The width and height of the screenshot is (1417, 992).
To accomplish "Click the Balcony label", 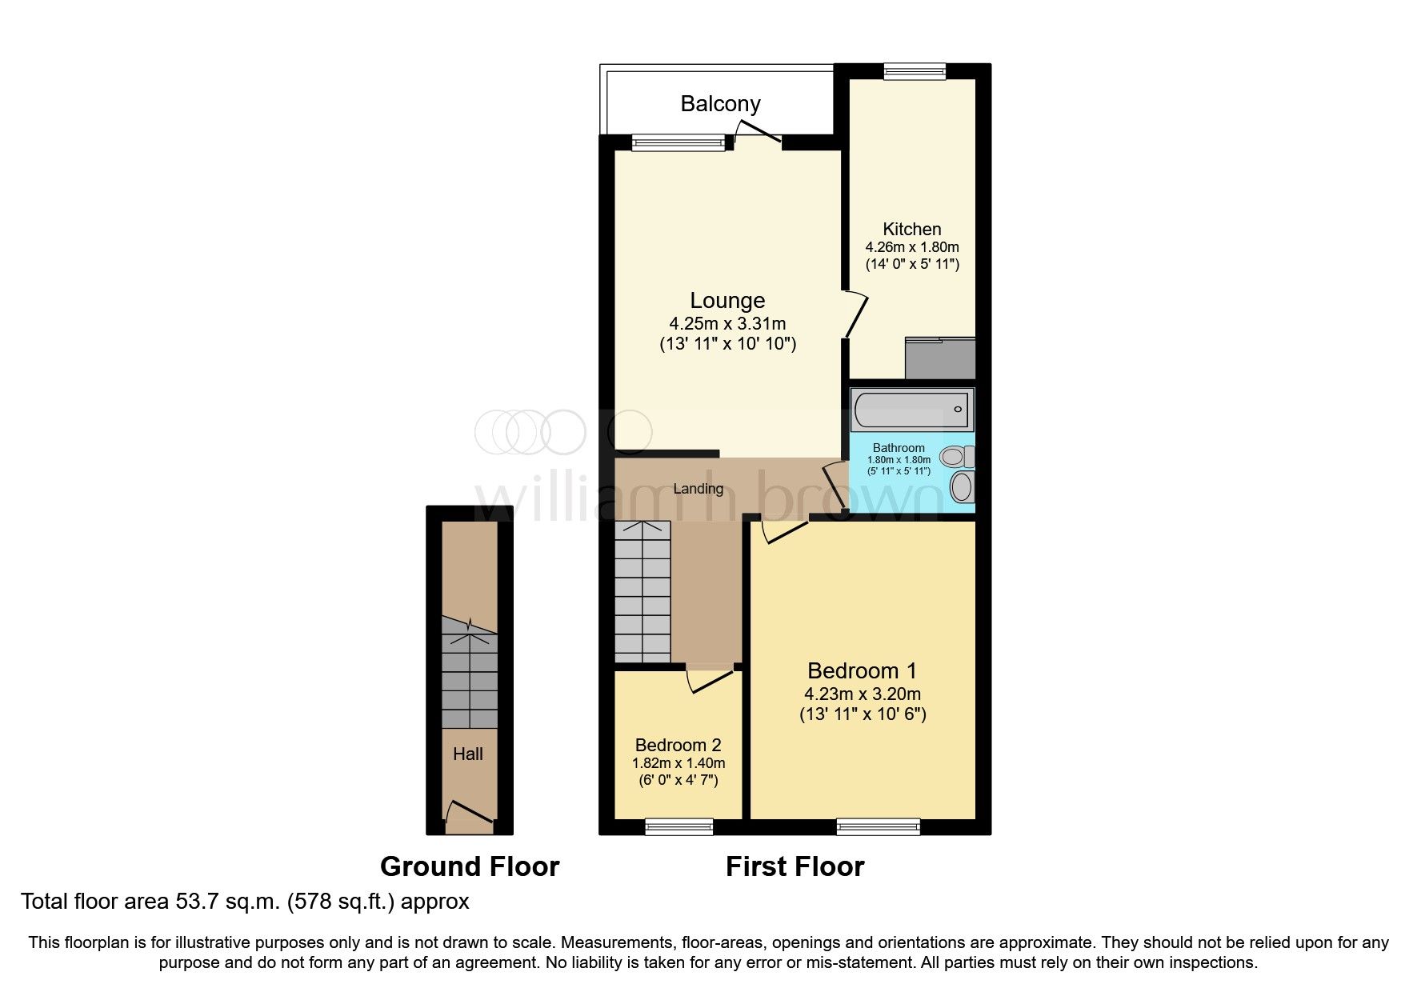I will [x=720, y=104].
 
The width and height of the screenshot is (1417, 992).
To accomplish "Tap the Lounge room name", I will [x=727, y=301].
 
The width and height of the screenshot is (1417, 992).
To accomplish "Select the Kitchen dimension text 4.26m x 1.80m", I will [x=911, y=247].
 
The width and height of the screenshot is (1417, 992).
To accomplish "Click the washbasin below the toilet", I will [x=962, y=486].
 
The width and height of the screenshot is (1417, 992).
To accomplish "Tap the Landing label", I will [x=698, y=489].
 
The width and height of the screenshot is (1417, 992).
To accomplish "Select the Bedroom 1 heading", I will [x=862, y=670].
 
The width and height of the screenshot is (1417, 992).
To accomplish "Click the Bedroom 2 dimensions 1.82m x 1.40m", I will [x=678, y=763].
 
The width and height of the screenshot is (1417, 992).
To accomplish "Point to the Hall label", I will [x=468, y=754].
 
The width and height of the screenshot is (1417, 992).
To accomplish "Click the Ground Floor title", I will [x=470, y=866].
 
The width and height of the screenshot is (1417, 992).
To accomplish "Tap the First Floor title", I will [x=795, y=866].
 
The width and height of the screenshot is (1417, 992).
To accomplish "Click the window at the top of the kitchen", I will [x=915, y=71].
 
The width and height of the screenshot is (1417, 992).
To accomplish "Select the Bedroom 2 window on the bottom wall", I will [x=679, y=826].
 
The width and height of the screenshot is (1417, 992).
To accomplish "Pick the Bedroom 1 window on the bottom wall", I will [x=878, y=826].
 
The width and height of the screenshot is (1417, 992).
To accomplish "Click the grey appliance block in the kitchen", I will [x=939, y=358].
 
